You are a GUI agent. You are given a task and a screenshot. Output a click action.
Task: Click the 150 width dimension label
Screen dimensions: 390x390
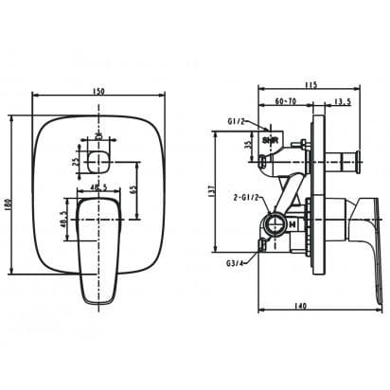(99, 92)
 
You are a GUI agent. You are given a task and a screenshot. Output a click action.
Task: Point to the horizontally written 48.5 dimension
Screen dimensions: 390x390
(99, 189)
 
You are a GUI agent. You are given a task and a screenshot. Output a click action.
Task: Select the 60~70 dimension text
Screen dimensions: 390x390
(285, 100)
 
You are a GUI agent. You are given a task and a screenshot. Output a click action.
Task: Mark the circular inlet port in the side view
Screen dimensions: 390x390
(277, 224)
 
